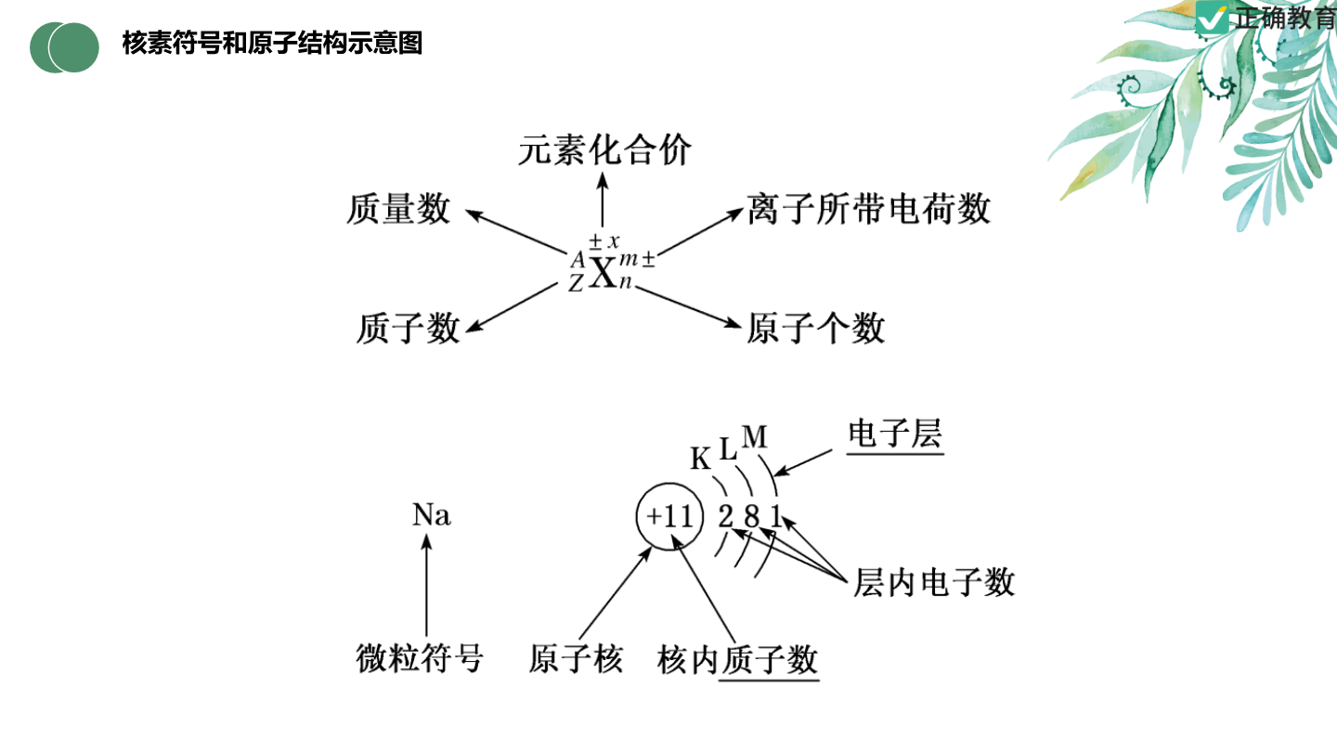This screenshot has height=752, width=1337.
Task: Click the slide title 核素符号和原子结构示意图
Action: coord(272,43)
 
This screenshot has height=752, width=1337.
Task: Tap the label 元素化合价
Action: coord(604,149)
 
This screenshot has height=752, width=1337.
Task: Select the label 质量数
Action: coord(398,209)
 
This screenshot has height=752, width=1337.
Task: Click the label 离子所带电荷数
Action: coord(868,209)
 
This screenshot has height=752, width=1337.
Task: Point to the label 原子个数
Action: coord(815,329)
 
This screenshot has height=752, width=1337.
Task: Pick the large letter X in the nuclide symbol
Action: coord(603,273)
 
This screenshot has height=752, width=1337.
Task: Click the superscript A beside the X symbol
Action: coord(578,260)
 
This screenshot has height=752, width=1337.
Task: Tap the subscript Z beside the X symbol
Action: coord(576,283)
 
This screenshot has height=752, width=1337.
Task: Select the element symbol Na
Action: coord(431,514)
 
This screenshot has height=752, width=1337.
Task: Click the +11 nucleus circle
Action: coord(669,516)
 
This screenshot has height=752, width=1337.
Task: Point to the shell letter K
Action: coord(700,459)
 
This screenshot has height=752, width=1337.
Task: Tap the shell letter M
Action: coord(755,437)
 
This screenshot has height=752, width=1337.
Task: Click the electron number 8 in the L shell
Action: coord(751,516)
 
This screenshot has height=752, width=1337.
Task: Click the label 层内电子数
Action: coord(934,582)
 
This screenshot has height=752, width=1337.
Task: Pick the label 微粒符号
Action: coord(420,659)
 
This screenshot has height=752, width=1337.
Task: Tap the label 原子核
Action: coord(576,659)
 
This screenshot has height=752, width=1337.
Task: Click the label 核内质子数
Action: coord(737,660)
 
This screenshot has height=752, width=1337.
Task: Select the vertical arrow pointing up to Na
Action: coord(426,585)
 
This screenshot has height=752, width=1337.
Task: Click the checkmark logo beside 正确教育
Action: coord(1213,18)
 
